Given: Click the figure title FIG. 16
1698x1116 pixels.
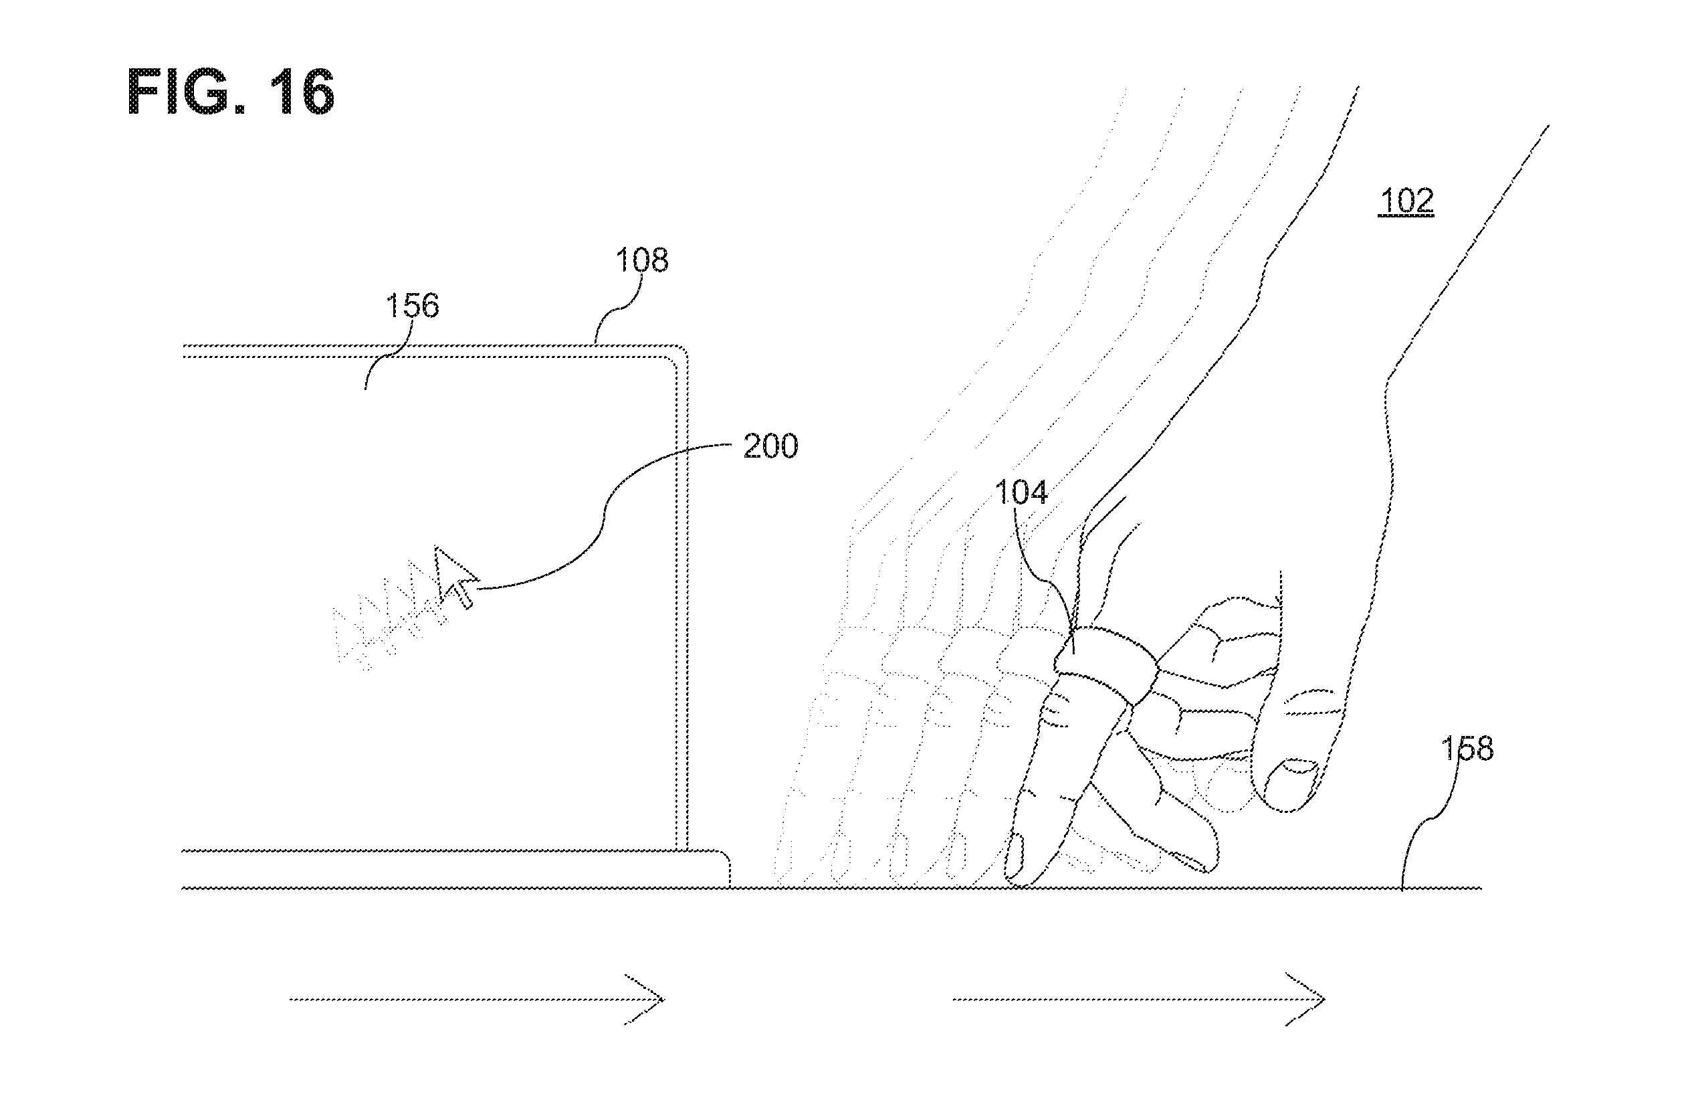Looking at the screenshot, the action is [231, 92].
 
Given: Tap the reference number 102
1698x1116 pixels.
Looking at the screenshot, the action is [1406, 201].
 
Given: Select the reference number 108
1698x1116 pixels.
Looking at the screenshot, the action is [642, 260].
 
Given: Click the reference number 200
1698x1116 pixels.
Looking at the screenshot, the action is [770, 446].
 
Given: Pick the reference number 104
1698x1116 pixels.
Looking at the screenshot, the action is [1021, 492].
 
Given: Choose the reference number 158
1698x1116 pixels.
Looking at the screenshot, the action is [1467, 749].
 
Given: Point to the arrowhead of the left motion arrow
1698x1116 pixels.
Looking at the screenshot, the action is [645, 999].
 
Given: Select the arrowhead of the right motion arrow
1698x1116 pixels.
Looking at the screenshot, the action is [1306, 999].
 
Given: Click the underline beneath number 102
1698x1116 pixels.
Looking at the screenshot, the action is [1406, 215].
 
